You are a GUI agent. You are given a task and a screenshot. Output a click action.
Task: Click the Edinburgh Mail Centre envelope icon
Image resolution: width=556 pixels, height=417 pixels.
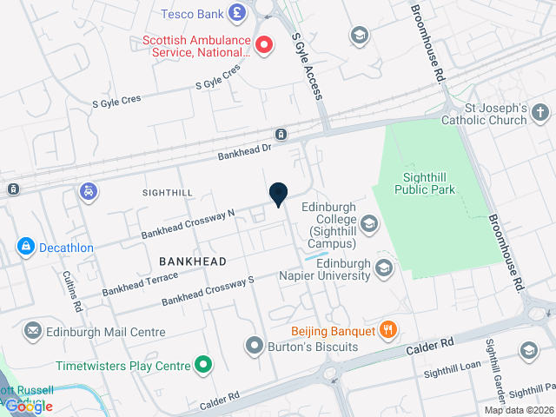coord(33,331)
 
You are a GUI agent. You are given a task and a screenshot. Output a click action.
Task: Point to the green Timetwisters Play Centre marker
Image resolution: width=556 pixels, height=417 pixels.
coord(203,365)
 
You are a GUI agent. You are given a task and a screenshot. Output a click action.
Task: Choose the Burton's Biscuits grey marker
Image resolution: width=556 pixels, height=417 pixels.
coord(255,346)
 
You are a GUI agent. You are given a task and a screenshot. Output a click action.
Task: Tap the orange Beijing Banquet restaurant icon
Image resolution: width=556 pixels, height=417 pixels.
coord(387,330)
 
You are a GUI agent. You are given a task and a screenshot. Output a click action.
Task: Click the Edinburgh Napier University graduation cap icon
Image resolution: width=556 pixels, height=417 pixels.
coord(383,269)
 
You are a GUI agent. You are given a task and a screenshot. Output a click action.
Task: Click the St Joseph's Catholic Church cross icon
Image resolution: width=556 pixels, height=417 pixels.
coord(540,112)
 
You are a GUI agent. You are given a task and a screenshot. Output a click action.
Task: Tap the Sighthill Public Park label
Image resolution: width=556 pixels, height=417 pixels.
coord(425,183)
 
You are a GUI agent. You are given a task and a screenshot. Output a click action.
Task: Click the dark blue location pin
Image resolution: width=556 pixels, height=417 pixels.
coord(278,195)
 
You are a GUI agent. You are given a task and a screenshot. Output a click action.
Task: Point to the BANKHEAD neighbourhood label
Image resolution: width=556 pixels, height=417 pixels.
coord(193,261)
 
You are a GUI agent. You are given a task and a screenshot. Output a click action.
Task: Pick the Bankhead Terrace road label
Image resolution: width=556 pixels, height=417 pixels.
coord(140,283)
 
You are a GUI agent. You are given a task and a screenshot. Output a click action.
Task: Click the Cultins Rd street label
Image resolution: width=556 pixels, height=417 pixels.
coord(72,290)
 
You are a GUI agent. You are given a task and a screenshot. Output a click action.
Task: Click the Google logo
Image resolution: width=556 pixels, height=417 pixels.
coord(30,406)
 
